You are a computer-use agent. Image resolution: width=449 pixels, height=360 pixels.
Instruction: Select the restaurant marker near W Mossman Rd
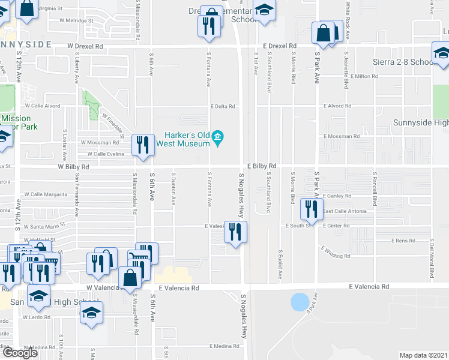click(x=142, y=146)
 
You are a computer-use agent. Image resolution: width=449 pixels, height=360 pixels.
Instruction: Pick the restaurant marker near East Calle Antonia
click(x=312, y=209)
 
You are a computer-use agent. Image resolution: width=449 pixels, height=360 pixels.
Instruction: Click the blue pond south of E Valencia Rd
click(x=299, y=302)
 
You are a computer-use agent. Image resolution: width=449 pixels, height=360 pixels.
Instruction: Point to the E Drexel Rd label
click(x=280, y=46)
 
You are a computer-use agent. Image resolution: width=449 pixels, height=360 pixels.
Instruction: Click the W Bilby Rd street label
click(x=74, y=167)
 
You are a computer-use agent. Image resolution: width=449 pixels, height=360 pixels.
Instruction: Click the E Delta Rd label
click(x=221, y=107)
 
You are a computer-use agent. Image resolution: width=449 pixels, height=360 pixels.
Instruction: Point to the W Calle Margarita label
click(x=46, y=194)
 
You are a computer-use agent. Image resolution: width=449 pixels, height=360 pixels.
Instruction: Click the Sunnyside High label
click(x=420, y=123)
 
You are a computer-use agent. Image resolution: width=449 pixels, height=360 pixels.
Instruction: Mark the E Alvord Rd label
click(x=339, y=106)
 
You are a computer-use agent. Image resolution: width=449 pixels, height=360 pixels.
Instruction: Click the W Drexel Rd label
click(x=85, y=46)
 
